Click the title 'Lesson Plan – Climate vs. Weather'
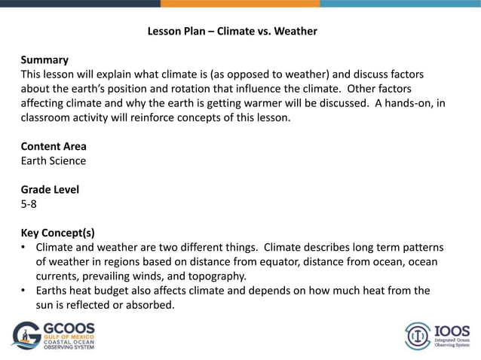[x=231, y=32]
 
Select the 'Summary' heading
[x=44, y=59]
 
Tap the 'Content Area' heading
[x=54, y=146]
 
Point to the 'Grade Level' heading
[x=50, y=190]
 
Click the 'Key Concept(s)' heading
[x=57, y=233]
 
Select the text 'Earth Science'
[x=53, y=160]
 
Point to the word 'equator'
[x=283, y=261]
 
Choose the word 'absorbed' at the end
[x=152, y=305]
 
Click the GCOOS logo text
[x=69, y=330]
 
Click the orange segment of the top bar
[x=240, y=3]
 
